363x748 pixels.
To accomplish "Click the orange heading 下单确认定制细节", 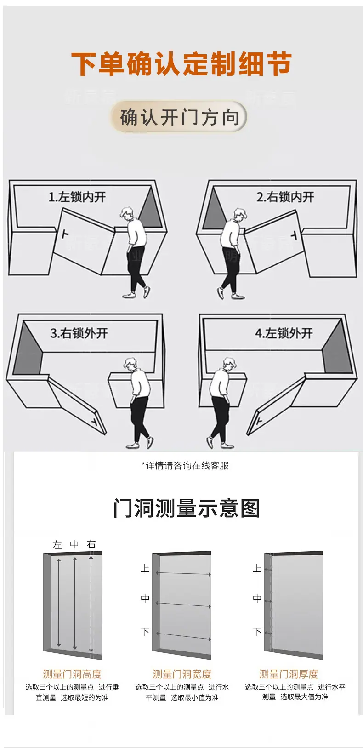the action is [x=181, y=63].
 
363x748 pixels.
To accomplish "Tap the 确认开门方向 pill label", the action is [x=180, y=117].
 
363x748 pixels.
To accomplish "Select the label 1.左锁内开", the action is [x=77, y=197].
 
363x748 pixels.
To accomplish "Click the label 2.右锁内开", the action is [x=285, y=197].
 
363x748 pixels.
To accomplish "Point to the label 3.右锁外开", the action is [x=79, y=333].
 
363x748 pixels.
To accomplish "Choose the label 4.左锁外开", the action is [x=284, y=333].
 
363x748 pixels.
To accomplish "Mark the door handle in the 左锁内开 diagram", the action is [x=65, y=234].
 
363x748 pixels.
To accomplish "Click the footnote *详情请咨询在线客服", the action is [x=185, y=466].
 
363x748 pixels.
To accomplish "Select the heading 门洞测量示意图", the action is [x=186, y=508].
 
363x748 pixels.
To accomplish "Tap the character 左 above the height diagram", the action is [x=57, y=545].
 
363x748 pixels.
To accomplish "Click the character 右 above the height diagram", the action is [x=91, y=544].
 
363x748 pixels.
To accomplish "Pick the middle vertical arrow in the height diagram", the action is [x=75, y=603].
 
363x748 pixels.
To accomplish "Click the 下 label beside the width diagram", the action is [x=145, y=632].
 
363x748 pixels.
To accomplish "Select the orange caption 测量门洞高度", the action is [x=72, y=674].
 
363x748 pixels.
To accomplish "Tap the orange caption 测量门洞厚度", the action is [x=289, y=674].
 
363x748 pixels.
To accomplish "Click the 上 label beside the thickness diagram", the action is [x=257, y=568].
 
